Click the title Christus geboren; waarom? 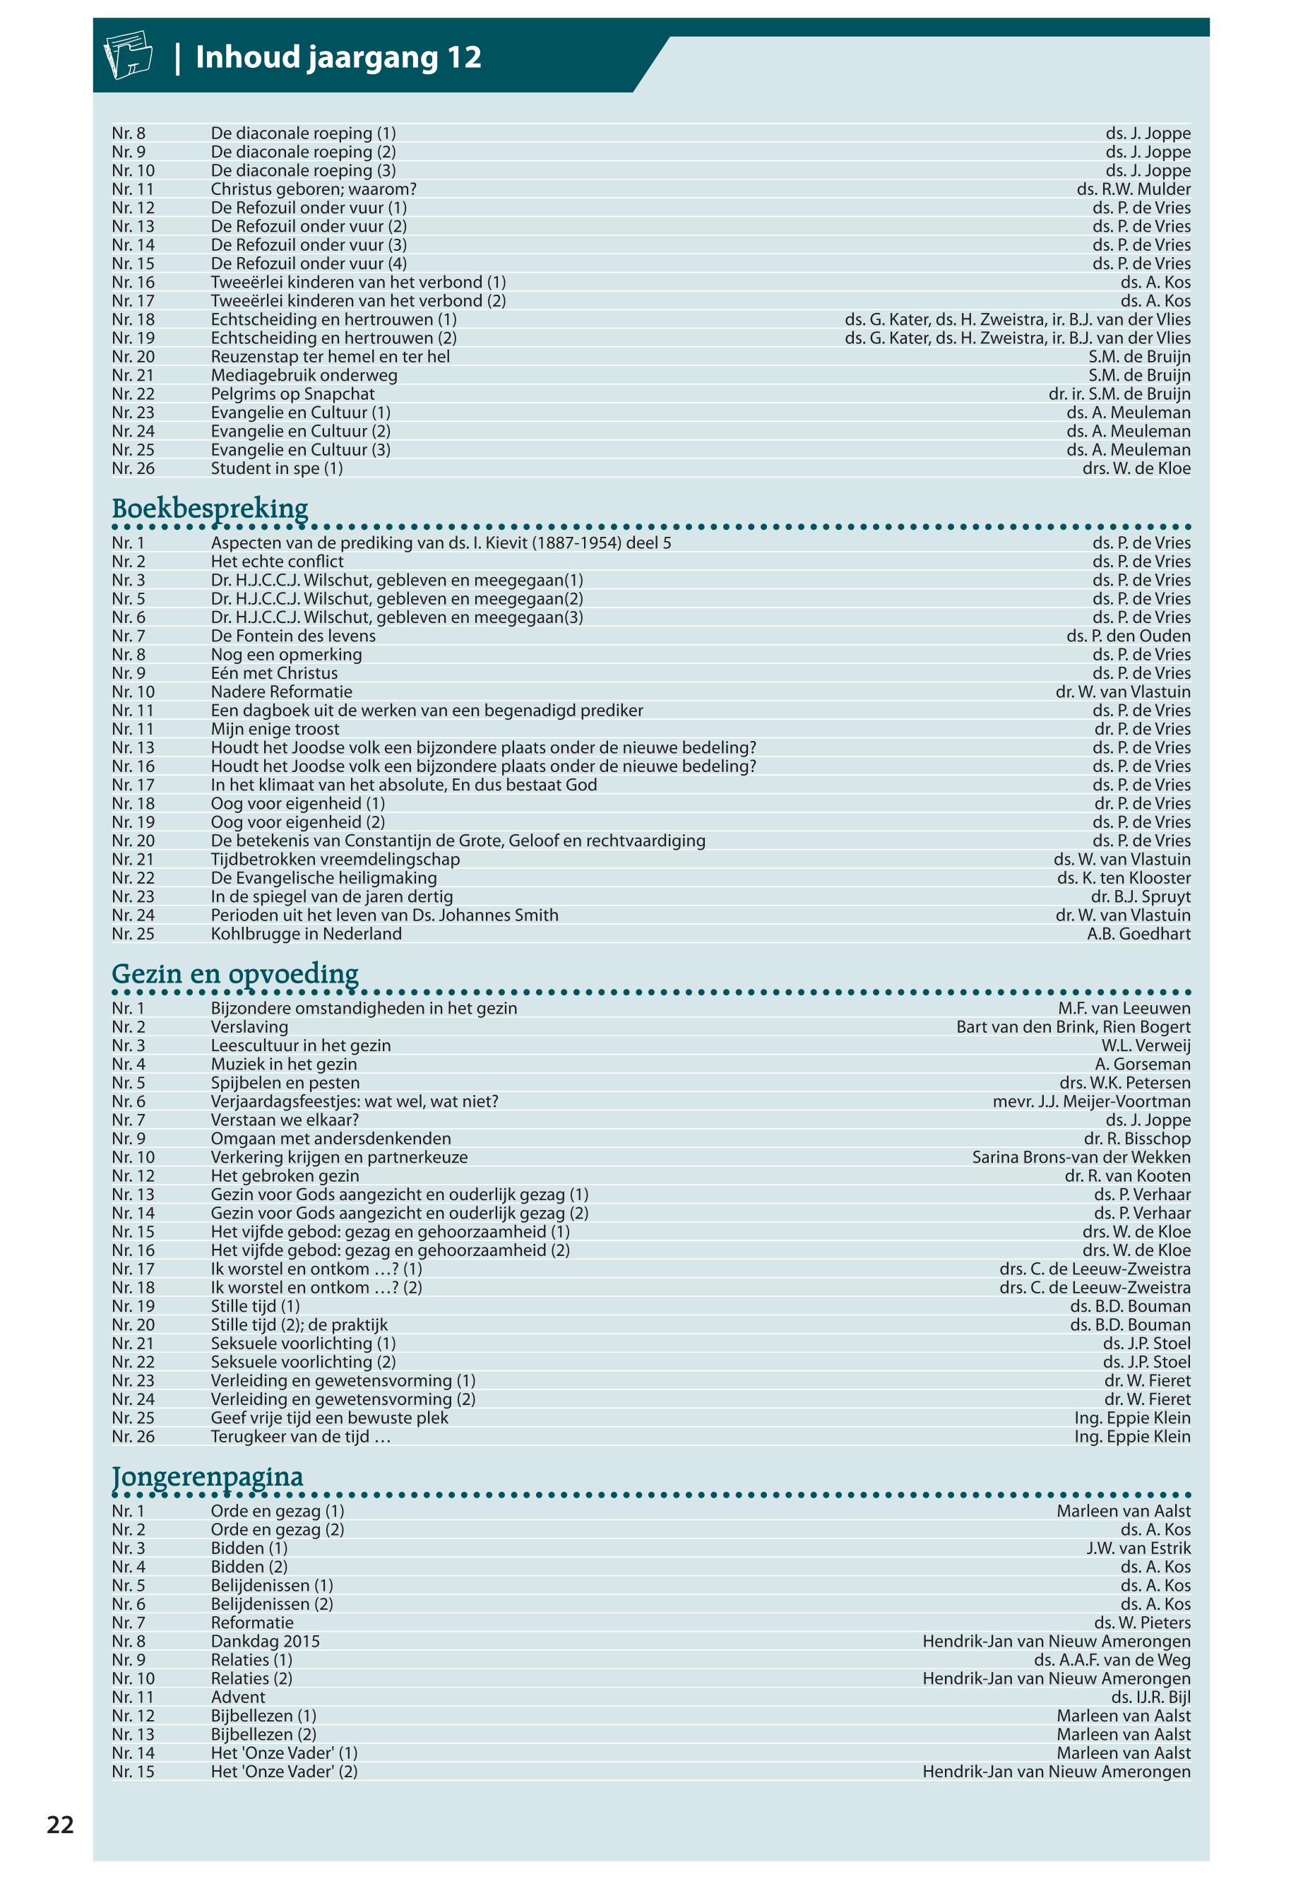pos(314,189)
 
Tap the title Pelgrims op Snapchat pos(292,394)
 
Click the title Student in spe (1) pos(277,469)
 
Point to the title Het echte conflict pos(277,562)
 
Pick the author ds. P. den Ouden pos(1129,636)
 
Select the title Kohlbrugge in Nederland pos(307,934)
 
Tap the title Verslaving pos(249,1027)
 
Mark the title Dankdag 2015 pos(266,1642)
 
